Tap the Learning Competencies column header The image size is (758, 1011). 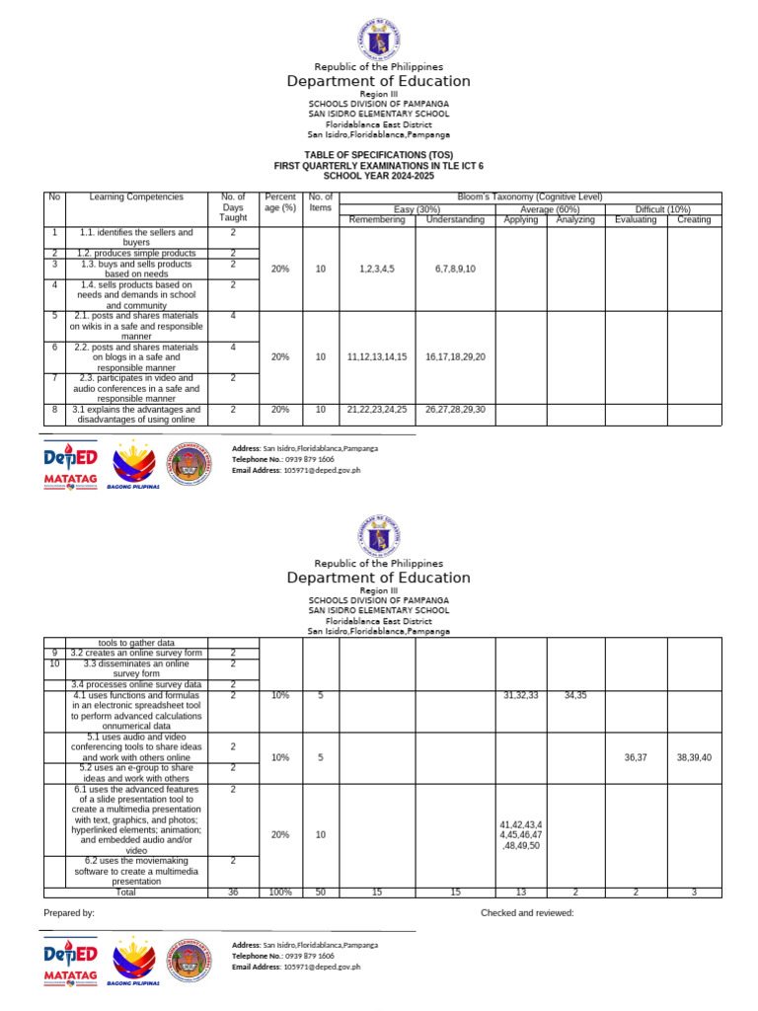pos(136,197)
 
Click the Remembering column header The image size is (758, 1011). pos(377,220)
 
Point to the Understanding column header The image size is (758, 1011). pos(455,220)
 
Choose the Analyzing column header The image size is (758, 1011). pos(574,220)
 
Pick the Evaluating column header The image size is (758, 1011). pos(636,220)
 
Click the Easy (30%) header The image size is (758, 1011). pos(417,209)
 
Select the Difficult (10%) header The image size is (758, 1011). pos(663,209)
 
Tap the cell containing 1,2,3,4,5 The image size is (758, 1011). pos(377,269)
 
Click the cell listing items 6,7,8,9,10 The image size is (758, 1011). pos(455,269)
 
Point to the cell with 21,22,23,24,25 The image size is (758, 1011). pos(377,409)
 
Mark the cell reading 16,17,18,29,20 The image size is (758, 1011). pos(455,357)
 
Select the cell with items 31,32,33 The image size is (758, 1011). pos(520,696)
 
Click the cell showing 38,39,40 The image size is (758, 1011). pos(694,757)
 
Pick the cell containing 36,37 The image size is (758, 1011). pos(636,757)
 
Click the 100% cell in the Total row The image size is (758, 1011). pos(280,892)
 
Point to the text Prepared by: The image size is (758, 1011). pos(70,913)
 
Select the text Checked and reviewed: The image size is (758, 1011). pos(527,913)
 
